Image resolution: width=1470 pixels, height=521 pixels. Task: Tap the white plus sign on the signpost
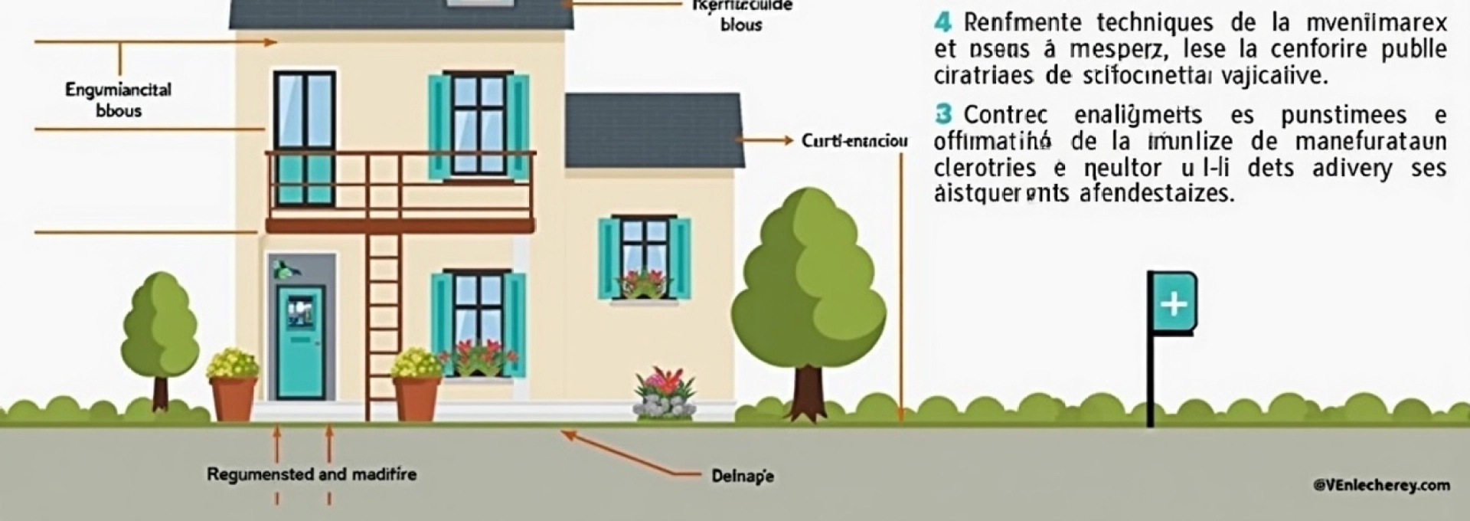tap(1173, 304)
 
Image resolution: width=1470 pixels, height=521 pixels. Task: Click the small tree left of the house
tap(161, 322)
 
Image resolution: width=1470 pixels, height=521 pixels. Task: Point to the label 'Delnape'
tap(742, 476)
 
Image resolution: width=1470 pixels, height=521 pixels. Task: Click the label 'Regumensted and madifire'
tap(312, 474)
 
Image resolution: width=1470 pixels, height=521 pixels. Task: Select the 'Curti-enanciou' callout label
tap(854, 141)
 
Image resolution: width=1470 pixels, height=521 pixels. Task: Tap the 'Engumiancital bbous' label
tap(118, 100)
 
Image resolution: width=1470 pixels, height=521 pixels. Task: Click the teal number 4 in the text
tap(943, 21)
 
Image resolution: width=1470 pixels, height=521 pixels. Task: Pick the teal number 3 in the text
tap(943, 115)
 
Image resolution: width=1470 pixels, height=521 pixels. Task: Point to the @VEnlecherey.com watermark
tap(1381, 485)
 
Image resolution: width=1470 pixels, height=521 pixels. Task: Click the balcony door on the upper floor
tap(304, 138)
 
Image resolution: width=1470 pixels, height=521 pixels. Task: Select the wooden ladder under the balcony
tap(383, 322)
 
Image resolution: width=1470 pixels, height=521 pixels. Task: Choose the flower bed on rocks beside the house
tap(665, 395)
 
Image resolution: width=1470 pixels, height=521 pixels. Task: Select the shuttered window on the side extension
tap(644, 258)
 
